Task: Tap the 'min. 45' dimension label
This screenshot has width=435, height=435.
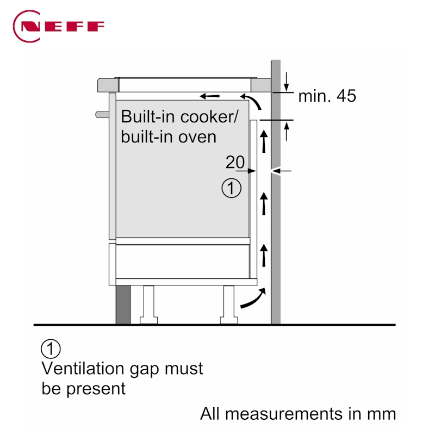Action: (327, 96)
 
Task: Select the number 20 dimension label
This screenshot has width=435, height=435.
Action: (235, 161)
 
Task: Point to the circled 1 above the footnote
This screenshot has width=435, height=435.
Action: (51, 349)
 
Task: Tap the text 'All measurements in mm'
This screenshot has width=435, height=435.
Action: (298, 414)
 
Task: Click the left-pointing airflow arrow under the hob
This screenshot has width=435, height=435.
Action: (210, 97)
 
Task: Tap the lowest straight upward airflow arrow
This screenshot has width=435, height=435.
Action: (264, 254)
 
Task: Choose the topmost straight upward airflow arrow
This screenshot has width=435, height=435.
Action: (264, 140)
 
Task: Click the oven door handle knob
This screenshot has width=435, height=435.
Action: (101, 114)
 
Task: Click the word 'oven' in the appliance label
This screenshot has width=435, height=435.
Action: (198, 136)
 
